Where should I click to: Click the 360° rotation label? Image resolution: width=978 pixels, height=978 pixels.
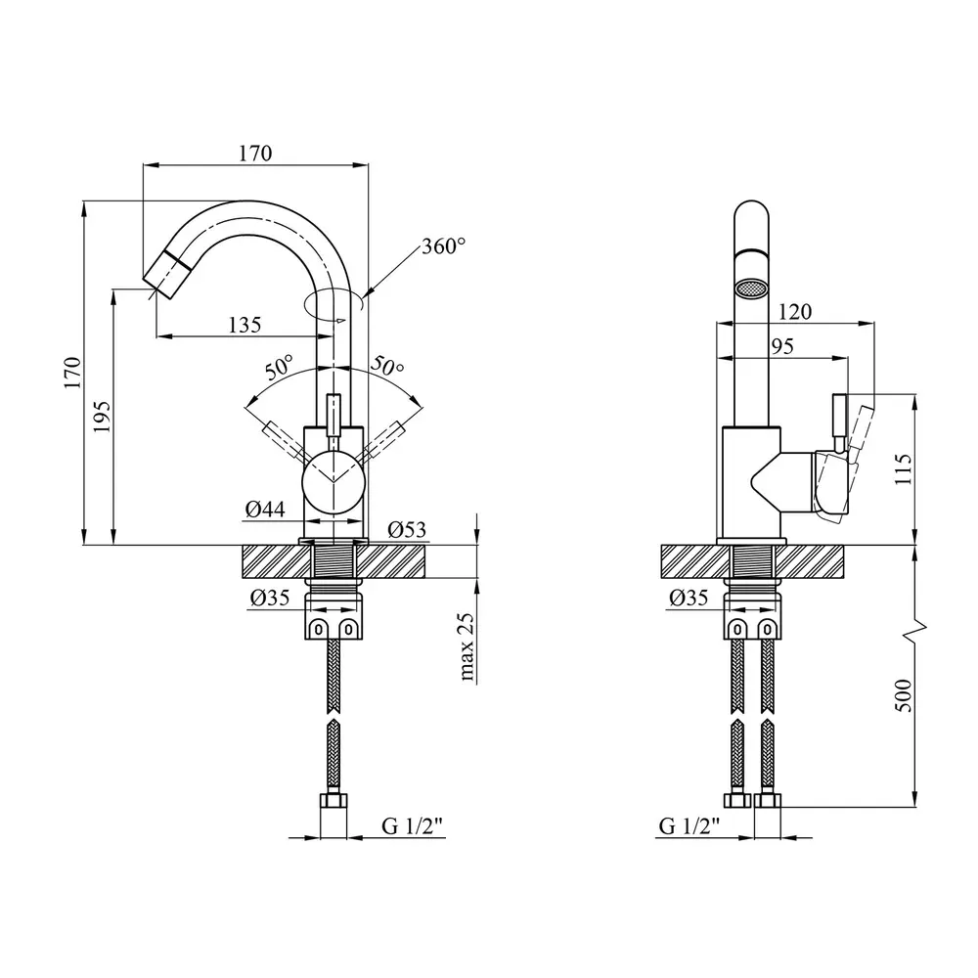[x=443, y=246]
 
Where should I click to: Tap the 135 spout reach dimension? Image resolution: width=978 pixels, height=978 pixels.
[x=245, y=325]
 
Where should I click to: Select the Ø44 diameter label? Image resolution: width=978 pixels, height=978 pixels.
[x=264, y=510]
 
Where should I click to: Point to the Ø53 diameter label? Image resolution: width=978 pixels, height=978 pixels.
[x=407, y=530]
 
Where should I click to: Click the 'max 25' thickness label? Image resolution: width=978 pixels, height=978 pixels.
[x=467, y=646]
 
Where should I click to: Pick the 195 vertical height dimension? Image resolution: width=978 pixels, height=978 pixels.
[x=102, y=416]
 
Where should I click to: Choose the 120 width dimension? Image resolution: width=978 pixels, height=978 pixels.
[x=794, y=312]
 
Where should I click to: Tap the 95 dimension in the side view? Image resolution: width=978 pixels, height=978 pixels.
[x=782, y=346]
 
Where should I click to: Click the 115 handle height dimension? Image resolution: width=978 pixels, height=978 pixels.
[x=903, y=469]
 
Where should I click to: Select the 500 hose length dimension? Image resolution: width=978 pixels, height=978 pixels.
[x=903, y=695]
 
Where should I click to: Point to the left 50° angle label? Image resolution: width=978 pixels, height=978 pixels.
[x=279, y=368]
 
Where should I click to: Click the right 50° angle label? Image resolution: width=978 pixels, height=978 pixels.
[x=388, y=366]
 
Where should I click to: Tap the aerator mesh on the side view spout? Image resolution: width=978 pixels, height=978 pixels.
[x=751, y=289]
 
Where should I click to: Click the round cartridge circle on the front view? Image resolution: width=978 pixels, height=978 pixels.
[x=333, y=484]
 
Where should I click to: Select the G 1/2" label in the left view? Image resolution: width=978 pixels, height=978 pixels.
[x=413, y=826]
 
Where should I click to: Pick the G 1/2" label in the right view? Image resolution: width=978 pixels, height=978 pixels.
[x=689, y=826]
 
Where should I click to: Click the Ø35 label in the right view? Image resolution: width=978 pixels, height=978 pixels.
[x=689, y=599]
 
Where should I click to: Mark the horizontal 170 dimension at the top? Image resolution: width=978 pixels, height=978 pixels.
[x=255, y=154]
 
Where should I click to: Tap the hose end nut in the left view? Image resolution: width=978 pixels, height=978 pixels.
[x=333, y=801]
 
